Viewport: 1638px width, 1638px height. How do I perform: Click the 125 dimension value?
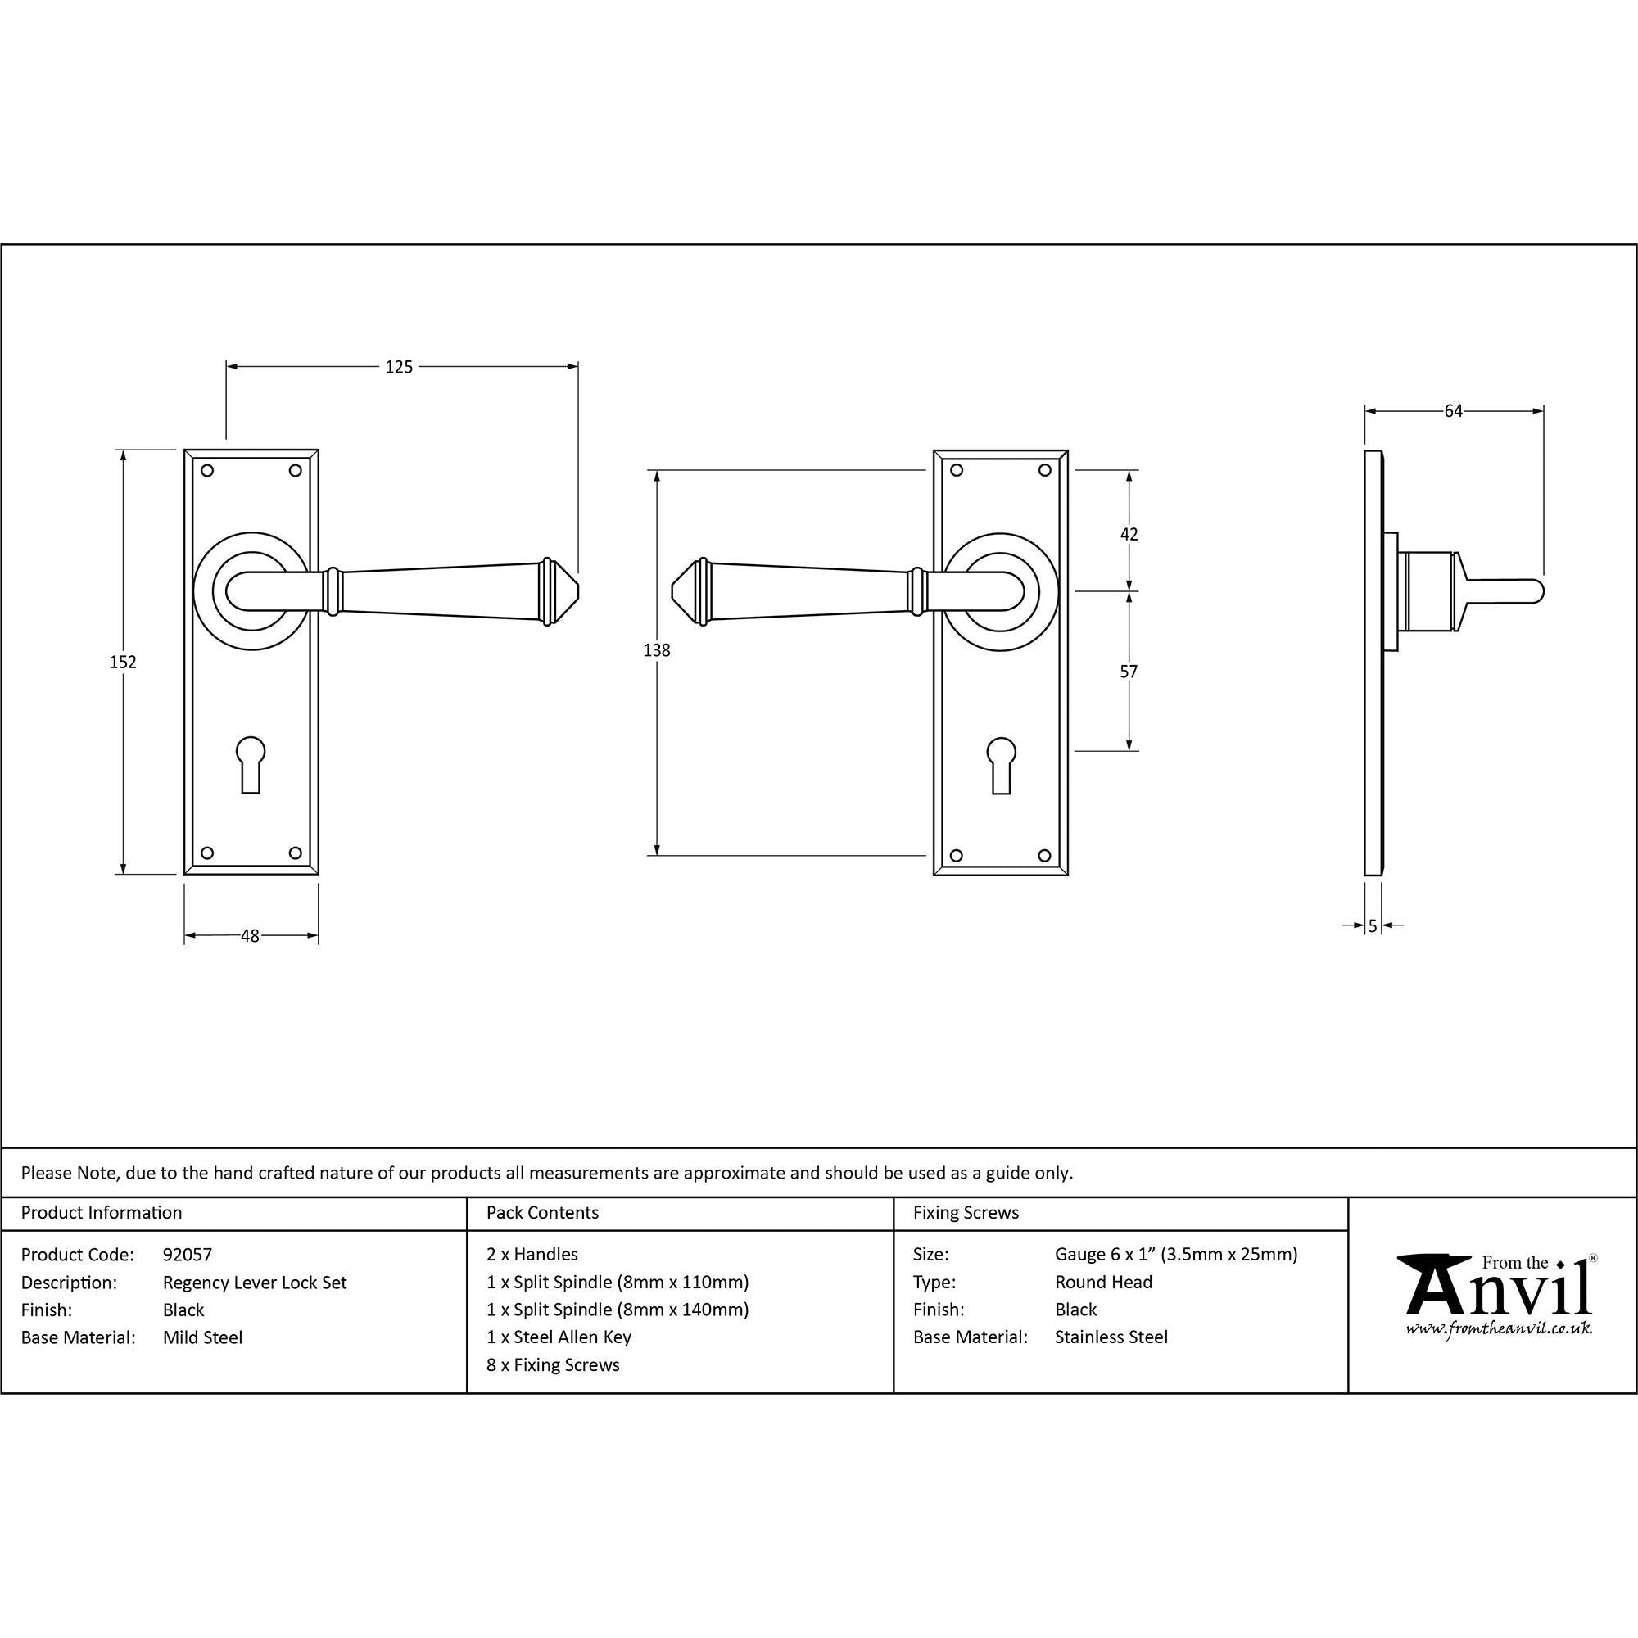399,367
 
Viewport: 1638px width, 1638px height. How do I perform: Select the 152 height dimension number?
123,662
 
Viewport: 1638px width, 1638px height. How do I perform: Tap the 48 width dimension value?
249,936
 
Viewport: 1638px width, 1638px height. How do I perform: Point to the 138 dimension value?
656,650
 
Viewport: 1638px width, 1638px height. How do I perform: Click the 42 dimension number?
1129,534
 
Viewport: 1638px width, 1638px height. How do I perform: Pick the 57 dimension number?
1129,672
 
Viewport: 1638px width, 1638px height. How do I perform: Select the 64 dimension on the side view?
1453,411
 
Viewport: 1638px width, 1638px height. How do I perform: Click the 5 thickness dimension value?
1373,925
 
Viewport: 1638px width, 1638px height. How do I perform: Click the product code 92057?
188,1255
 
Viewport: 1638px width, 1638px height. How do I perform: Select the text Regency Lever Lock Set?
256,1283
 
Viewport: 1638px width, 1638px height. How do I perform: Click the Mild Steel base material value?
202,1338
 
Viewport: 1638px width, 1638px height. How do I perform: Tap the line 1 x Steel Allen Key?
559,1337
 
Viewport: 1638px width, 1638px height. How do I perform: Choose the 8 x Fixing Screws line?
553,1365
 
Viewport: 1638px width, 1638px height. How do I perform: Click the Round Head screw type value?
1103,1282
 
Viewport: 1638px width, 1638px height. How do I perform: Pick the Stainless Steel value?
1111,1337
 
